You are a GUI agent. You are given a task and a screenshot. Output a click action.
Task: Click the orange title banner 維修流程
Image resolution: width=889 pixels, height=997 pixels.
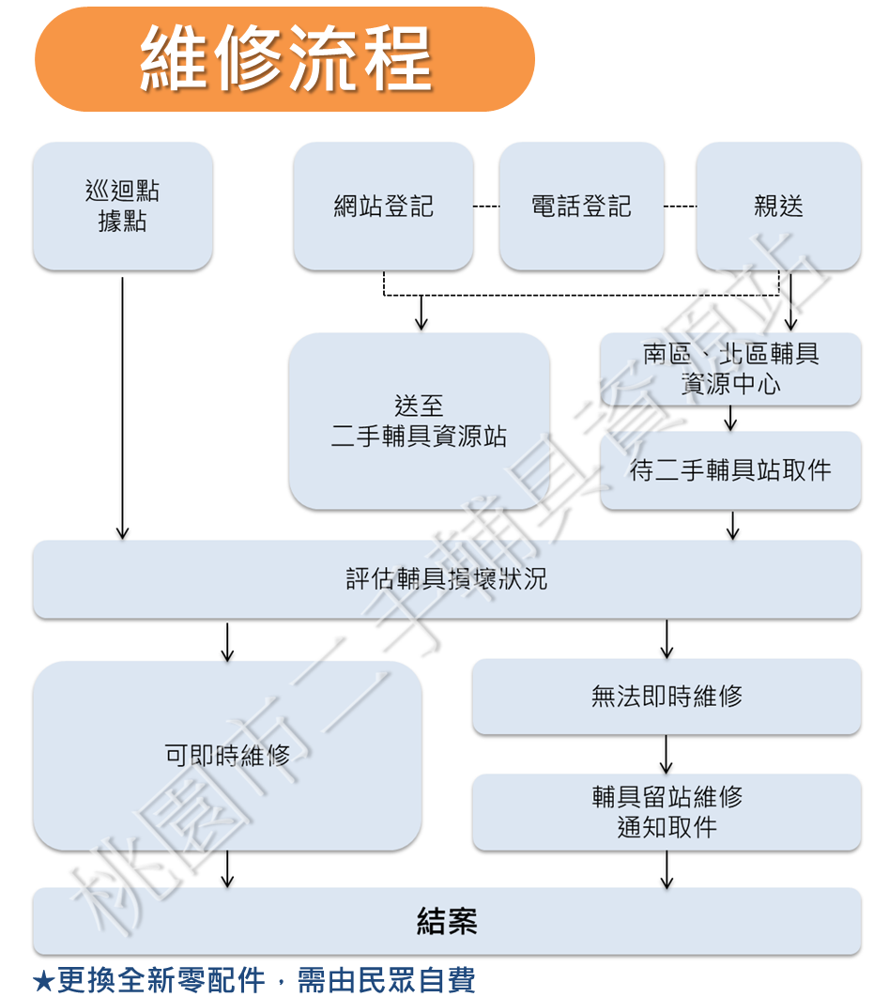284,58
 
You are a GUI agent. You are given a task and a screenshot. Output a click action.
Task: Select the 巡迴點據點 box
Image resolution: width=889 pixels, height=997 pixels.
123,207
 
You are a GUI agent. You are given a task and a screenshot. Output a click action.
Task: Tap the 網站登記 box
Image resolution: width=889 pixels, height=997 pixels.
383,207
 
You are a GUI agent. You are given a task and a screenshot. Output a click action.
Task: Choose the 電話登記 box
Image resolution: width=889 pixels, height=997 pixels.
581,207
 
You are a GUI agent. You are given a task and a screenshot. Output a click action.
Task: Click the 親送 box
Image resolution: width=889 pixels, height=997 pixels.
778,207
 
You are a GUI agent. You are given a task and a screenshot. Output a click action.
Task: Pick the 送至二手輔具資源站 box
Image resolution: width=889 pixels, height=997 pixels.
419,421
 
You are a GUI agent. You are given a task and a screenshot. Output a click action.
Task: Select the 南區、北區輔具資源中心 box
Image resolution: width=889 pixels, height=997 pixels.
730,369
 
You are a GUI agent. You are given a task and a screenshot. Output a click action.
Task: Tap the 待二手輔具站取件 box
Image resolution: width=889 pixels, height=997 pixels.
730,470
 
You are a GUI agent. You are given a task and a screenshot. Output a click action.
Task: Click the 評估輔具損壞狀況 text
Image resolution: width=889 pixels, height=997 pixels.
446,579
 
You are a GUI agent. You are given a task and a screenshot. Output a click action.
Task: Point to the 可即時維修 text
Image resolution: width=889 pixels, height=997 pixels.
227,755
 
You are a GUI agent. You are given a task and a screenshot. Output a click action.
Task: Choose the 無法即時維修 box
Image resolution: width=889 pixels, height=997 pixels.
667,697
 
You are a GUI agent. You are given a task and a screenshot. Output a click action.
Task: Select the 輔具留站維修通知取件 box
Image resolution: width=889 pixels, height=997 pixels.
667,812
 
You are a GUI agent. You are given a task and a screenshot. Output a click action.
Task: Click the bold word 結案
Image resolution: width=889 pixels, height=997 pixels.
447,921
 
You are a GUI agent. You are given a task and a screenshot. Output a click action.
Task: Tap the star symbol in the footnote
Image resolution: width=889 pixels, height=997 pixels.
43,981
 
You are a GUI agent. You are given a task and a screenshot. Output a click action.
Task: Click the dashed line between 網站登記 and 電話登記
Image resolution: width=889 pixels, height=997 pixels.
486,207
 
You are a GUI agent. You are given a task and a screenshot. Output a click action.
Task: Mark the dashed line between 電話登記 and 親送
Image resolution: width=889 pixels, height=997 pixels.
680,207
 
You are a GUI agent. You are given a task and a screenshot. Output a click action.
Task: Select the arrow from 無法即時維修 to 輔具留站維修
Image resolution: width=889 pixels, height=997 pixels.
667,754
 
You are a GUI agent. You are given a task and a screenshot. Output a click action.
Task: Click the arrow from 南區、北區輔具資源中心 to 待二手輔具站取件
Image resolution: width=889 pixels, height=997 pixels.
730,418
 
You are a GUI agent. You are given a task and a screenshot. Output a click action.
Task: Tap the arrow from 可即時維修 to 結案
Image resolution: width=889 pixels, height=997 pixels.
227,868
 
